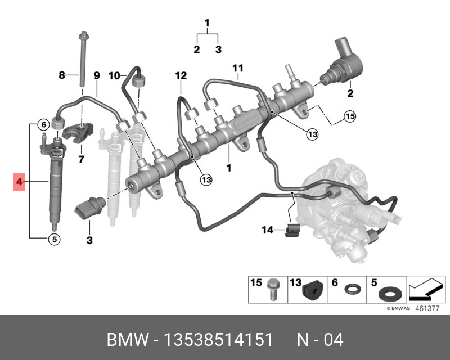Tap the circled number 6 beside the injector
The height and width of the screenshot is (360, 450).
[x=42, y=124]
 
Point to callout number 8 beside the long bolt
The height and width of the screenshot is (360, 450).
[x=63, y=75]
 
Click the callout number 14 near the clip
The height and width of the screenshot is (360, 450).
[x=267, y=229]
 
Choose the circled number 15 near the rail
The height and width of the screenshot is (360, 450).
[x=350, y=116]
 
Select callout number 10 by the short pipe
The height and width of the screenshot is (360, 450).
[x=114, y=75]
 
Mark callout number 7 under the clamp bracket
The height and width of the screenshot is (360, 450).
[x=80, y=159]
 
